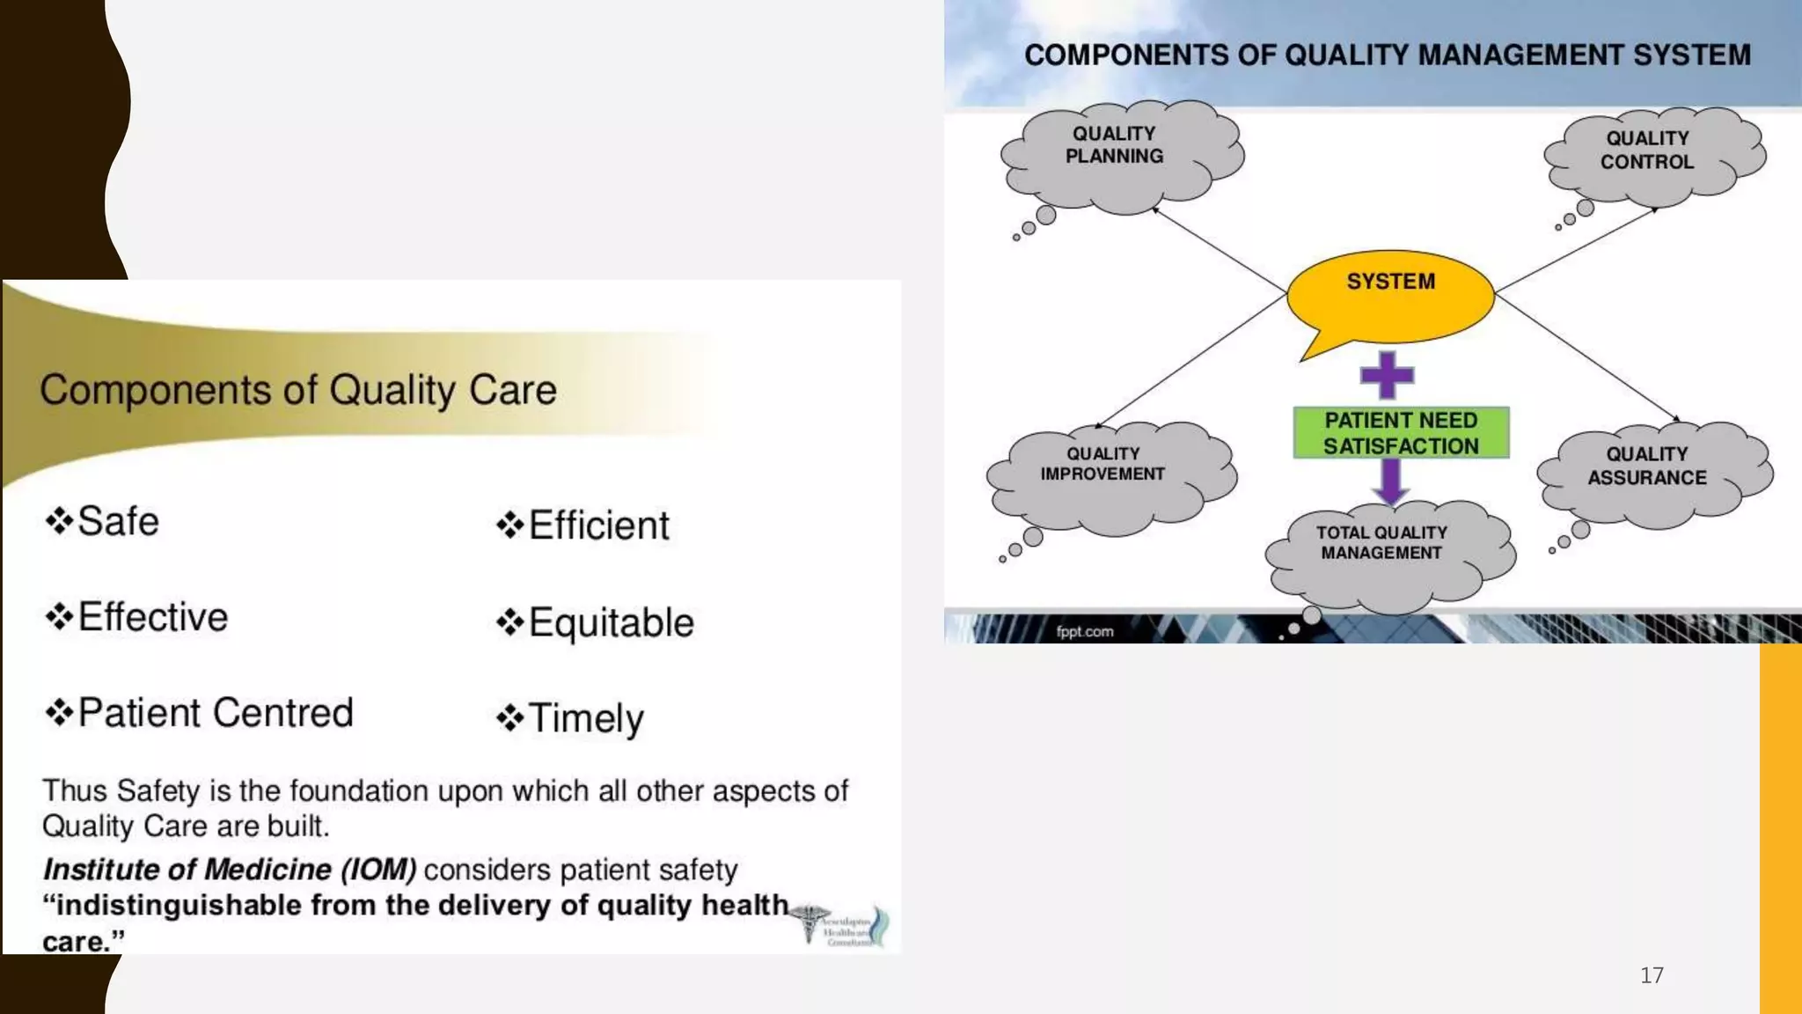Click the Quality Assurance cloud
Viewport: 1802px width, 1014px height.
[1651, 471]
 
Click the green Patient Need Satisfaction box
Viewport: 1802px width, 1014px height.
[1401, 433]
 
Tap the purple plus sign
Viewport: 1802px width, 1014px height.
[1387, 375]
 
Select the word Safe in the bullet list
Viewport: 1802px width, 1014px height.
[118, 521]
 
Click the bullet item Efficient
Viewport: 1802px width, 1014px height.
[598, 525]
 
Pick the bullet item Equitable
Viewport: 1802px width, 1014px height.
[611, 623]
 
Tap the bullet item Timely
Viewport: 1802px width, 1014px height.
[586, 718]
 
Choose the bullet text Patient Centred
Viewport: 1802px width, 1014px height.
[216, 713]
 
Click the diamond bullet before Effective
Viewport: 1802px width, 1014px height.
[59, 617]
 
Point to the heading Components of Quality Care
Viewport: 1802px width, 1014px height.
[298, 390]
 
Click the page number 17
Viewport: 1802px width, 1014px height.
[1652, 975]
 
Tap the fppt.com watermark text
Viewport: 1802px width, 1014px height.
[1085, 631]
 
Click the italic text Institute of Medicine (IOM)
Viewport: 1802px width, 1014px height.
[230, 870]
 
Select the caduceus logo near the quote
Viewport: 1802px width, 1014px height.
[809, 922]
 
